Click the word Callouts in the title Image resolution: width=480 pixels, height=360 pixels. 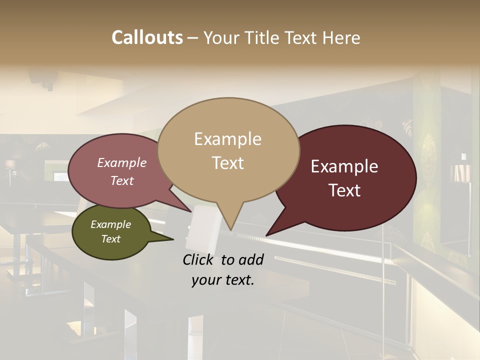coord(147,37)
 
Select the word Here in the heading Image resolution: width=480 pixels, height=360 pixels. coord(341,37)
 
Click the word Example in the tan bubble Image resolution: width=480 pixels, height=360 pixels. coord(227,139)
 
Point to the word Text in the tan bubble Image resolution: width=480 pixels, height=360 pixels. coord(227,163)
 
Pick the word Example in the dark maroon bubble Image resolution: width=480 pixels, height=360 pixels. coord(344,166)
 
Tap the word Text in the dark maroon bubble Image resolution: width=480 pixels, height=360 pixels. coord(344,190)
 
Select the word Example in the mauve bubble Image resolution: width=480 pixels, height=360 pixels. coord(122,163)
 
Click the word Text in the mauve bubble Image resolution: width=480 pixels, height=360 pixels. coord(122,180)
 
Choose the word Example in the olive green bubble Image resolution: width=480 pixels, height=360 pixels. coord(110,224)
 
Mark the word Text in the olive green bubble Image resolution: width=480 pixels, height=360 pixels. coord(110,239)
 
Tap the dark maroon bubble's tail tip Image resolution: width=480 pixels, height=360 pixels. coord(266,235)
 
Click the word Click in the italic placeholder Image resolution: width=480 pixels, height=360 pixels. coord(199,259)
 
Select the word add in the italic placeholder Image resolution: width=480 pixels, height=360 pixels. coord(251,259)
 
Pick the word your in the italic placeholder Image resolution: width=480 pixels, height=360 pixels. coord(205,280)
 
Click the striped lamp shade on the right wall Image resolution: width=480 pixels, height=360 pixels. coord(459,172)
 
